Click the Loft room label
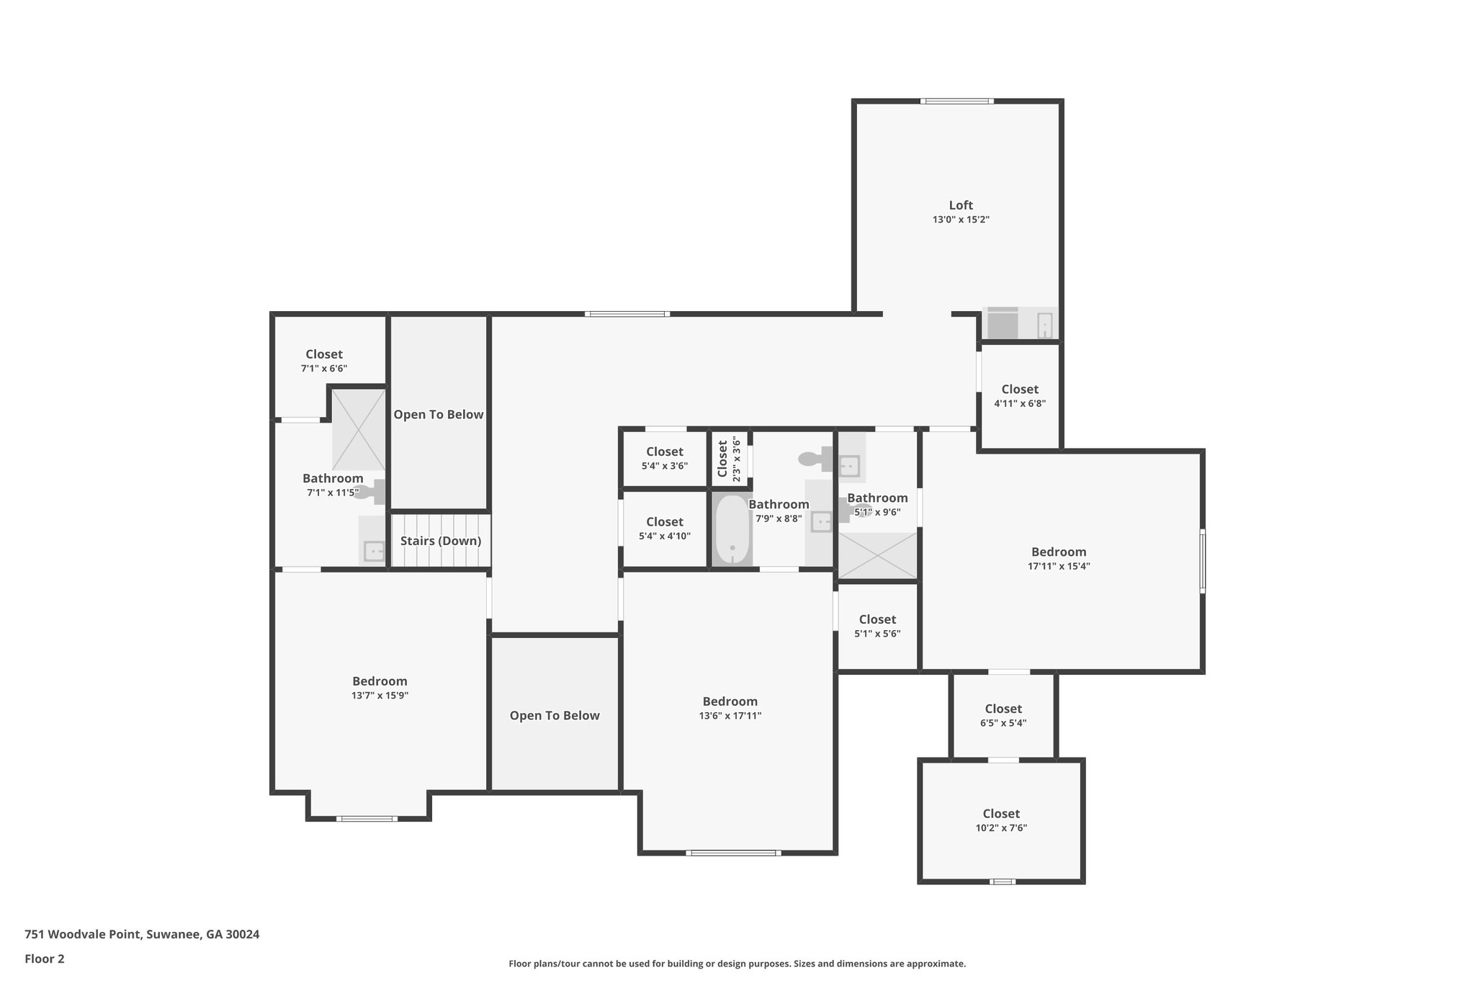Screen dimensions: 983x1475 961,205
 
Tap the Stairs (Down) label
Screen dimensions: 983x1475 440,541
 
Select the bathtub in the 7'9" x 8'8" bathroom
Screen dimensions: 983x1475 732,530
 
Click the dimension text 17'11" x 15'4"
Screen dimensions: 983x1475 1058,566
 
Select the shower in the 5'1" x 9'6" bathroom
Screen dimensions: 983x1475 877,555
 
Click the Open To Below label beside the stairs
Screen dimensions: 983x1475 438,415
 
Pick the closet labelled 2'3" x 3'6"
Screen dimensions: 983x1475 729,459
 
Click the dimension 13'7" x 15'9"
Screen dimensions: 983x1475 380,696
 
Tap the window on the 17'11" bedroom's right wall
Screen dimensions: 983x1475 1202,562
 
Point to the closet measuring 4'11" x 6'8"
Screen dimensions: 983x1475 1019,396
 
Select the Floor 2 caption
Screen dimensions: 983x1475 45,959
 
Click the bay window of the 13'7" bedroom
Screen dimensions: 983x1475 367,819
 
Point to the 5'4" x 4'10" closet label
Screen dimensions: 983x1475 664,529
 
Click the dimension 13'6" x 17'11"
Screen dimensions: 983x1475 730,716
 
